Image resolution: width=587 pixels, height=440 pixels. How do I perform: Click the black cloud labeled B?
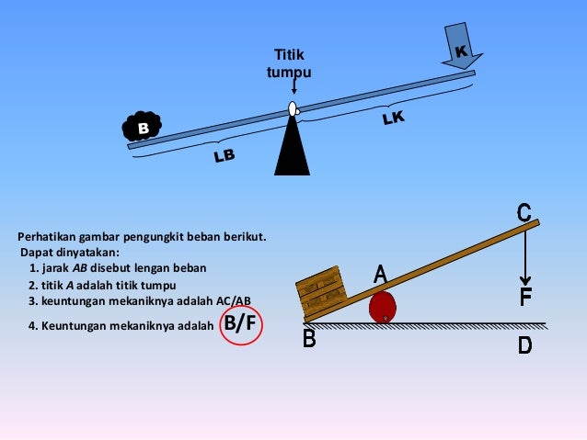[x=142, y=129]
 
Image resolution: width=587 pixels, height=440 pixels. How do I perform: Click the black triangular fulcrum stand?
[x=293, y=147]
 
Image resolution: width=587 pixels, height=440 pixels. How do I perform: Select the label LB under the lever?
[x=224, y=156]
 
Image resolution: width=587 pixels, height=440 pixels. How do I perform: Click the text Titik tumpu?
[x=289, y=63]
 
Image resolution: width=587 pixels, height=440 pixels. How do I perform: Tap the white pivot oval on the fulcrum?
[x=293, y=109]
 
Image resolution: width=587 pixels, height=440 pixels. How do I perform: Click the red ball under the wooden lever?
[x=384, y=306]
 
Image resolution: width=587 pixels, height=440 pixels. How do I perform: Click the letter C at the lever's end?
[x=524, y=213]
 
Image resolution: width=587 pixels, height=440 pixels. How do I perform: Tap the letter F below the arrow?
[x=525, y=298]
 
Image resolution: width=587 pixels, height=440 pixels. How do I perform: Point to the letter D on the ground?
[x=524, y=345]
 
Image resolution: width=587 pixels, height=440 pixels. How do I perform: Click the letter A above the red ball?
[x=379, y=274]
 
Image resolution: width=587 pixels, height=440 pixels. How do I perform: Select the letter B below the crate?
[x=309, y=339]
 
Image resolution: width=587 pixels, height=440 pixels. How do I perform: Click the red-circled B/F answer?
[x=241, y=323]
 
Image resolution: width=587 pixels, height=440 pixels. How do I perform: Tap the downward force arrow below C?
[x=525, y=257]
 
